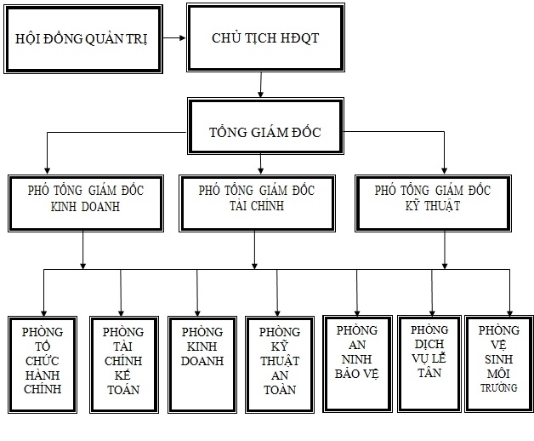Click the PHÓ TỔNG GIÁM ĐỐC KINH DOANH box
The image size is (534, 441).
(x=84, y=203)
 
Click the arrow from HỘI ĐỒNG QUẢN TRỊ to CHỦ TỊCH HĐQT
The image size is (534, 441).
(x=175, y=38)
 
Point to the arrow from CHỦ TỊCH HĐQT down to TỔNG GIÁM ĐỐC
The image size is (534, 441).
(x=260, y=84)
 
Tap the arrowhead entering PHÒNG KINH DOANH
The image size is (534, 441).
(x=197, y=312)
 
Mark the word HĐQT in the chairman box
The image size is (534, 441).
(x=287, y=39)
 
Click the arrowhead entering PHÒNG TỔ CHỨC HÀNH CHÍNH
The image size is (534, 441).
(x=43, y=312)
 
